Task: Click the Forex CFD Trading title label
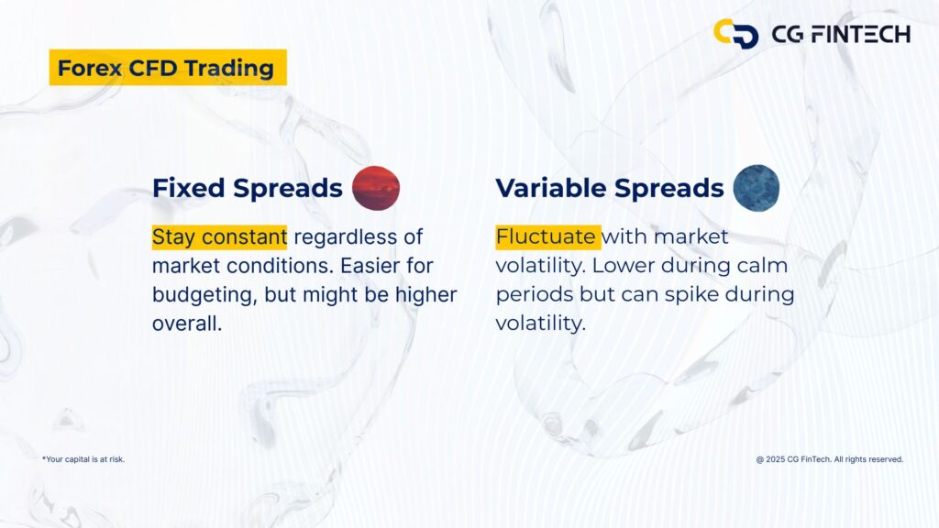point(166,68)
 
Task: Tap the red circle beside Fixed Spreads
point(376,188)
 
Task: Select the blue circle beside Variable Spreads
point(757,187)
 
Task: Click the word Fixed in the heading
point(188,188)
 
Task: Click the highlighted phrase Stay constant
point(219,237)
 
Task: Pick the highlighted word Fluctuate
point(547,237)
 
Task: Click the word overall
point(186,324)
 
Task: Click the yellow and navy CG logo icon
point(735,34)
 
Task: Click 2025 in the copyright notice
point(776,459)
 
